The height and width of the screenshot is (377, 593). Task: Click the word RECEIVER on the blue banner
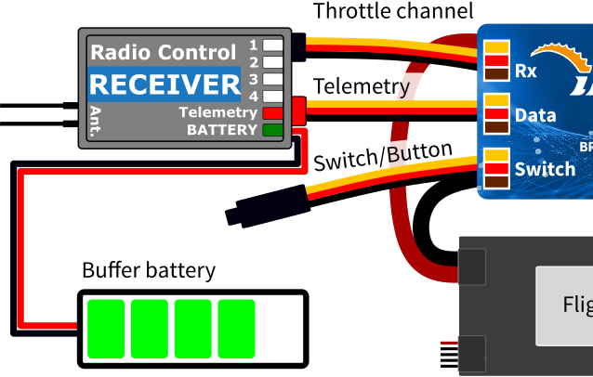pos(165,85)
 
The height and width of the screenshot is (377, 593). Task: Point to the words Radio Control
pos(163,52)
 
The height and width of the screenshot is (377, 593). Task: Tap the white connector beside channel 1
pos(272,45)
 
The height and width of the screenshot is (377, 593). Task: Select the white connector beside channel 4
pos(272,96)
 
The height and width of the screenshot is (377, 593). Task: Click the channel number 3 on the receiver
pos(253,79)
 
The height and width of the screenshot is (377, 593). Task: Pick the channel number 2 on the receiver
pos(253,62)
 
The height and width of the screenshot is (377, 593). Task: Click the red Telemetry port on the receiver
pos(272,113)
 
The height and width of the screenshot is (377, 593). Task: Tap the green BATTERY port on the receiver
pos(272,130)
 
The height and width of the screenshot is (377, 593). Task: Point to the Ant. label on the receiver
pos(96,121)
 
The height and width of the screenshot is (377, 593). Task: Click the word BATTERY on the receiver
pos(221,130)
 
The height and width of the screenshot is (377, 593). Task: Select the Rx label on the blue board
pos(525,71)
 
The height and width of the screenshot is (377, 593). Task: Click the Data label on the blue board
pos(535,115)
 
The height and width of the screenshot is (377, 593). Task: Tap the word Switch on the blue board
pos(545,169)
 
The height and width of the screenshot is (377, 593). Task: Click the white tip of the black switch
pos(227,218)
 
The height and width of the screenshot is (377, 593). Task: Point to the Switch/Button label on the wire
pos(381,155)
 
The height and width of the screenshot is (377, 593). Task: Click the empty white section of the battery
pos(279,329)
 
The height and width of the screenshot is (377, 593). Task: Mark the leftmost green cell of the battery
pos(105,329)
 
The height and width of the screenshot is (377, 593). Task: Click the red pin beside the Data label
pos(496,113)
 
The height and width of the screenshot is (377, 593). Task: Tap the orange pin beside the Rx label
pos(496,47)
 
